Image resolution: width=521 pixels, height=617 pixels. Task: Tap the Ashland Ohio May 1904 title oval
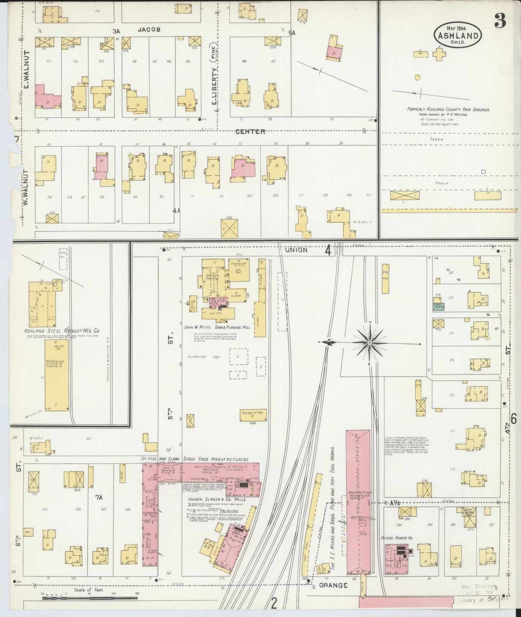point(458,35)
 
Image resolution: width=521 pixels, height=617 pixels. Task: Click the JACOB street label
point(149,30)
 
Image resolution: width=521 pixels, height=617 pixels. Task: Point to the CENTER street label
point(250,132)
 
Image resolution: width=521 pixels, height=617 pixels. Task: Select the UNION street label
point(296,250)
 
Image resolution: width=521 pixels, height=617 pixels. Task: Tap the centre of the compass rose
point(370,342)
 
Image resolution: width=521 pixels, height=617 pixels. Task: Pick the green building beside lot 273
point(438,306)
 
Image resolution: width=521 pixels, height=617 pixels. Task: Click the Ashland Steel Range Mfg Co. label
point(62,331)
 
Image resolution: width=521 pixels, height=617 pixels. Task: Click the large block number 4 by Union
point(328,250)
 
